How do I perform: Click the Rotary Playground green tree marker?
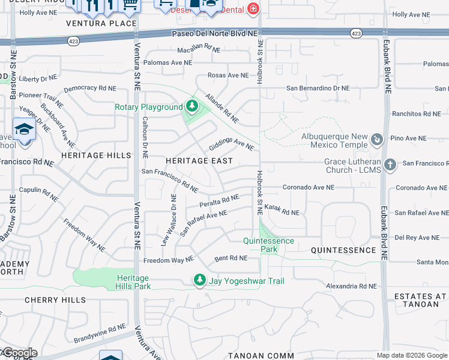(191, 107)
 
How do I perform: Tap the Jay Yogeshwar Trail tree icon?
(199, 280)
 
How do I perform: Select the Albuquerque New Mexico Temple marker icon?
(377, 140)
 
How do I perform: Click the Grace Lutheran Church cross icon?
(390, 164)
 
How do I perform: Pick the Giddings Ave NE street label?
(231, 145)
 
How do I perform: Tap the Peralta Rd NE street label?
(220, 200)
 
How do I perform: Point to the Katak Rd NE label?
(282, 211)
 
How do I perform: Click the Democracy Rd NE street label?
(89, 88)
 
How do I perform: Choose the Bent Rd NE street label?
(231, 259)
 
